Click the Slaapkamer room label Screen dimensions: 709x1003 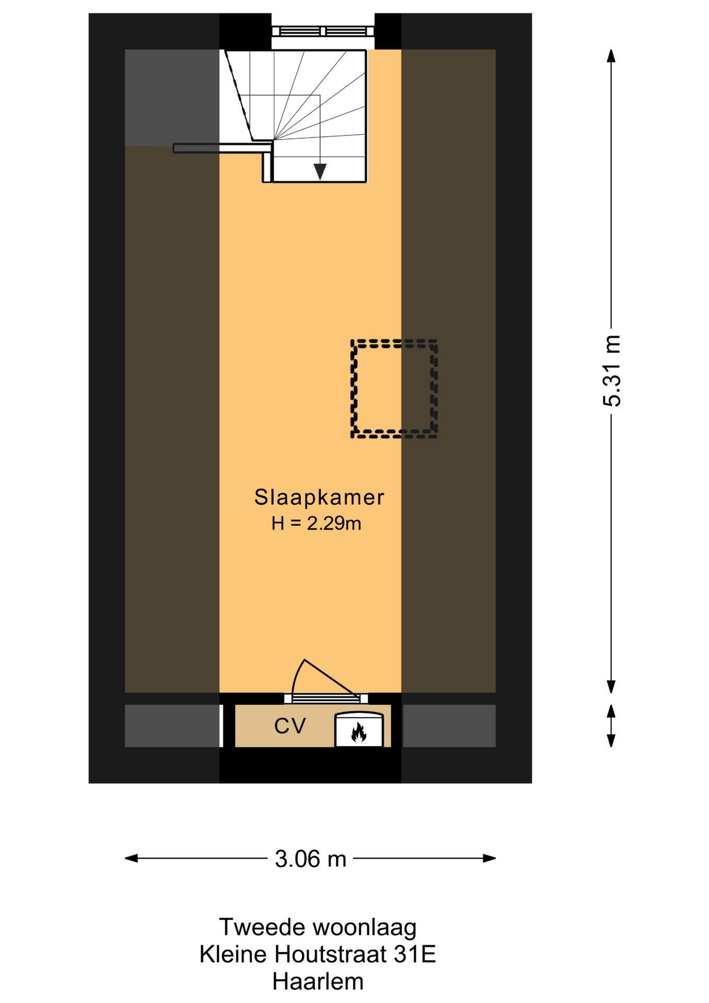(x=319, y=497)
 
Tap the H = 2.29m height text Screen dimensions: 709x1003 (x=316, y=523)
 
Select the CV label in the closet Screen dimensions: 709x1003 (x=290, y=726)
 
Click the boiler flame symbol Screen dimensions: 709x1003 (x=359, y=732)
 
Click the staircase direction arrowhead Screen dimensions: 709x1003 (x=320, y=172)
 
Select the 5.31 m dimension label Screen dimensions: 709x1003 (x=612, y=370)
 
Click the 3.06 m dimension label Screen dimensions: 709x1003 (x=311, y=859)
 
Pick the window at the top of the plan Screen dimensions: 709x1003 (x=323, y=31)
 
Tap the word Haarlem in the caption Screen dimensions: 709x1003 (x=318, y=982)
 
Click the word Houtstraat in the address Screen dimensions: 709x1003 (x=330, y=954)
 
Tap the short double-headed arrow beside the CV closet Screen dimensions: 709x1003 (x=611, y=726)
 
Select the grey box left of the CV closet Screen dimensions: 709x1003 (x=172, y=726)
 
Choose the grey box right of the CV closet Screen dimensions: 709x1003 (x=449, y=726)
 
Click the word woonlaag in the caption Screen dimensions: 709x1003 (x=364, y=928)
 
